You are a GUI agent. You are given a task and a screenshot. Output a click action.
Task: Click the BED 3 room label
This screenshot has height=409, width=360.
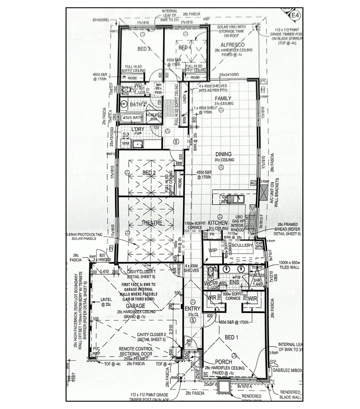(x=144, y=49)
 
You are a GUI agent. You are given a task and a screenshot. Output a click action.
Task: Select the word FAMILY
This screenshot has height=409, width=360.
(x=223, y=98)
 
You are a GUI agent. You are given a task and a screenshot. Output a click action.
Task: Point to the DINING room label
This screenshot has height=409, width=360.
(x=223, y=154)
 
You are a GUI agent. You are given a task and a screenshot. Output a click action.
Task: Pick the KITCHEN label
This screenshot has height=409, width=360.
(x=217, y=223)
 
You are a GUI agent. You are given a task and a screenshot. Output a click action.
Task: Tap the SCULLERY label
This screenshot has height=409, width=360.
(x=243, y=245)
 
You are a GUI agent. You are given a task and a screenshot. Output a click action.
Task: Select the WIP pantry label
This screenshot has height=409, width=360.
(x=212, y=250)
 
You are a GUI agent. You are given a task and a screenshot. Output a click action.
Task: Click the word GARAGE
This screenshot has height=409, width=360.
(x=136, y=306)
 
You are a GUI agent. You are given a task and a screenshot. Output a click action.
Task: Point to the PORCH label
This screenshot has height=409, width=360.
(x=224, y=362)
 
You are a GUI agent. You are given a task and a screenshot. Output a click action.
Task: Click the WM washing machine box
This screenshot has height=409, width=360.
(x=126, y=144)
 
